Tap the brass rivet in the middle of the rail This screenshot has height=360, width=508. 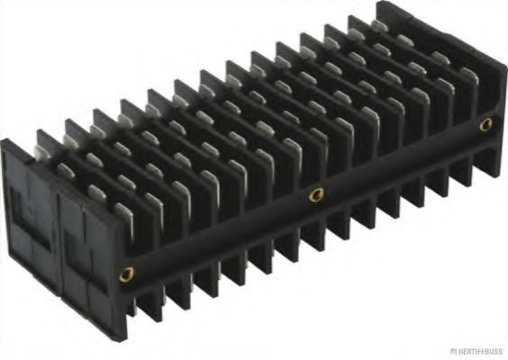315,193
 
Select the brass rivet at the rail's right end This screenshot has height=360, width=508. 486,124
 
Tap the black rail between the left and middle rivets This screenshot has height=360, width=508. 221,236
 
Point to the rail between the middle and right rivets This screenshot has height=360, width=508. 401,160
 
